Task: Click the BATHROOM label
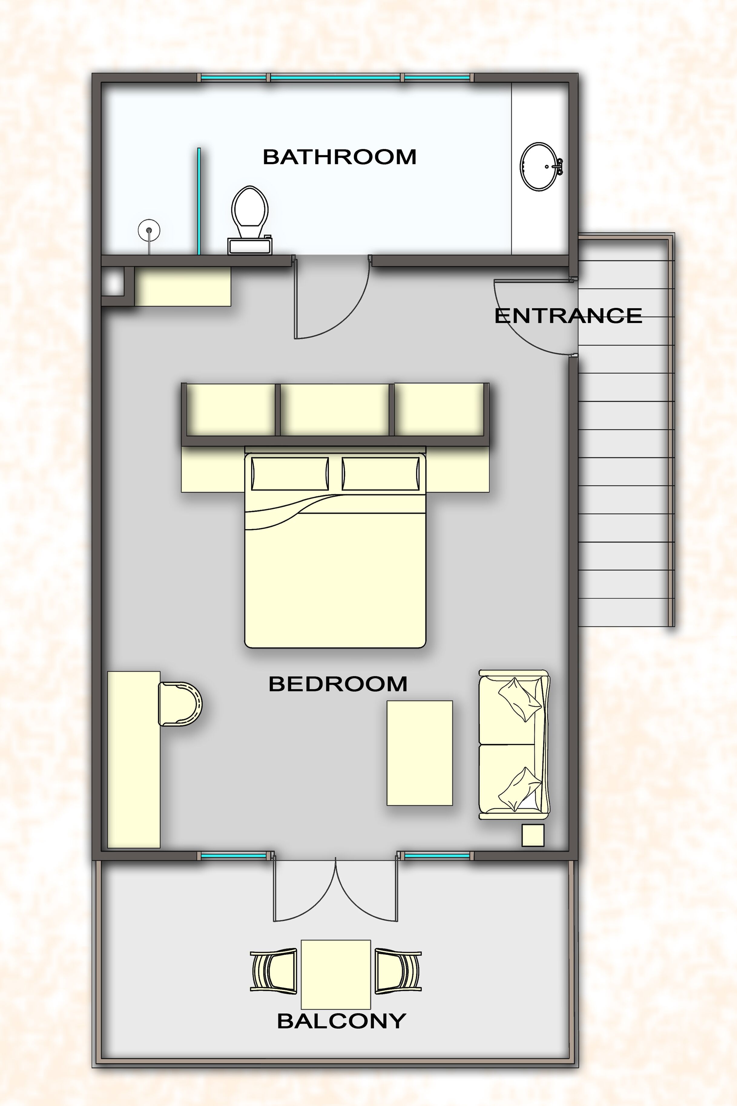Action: click(x=339, y=157)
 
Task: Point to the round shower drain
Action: click(x=149, y=230)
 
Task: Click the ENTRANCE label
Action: click(x=568, y=316)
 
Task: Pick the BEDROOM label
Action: click(x=337, y=684)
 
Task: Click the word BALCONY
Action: click(x=341, y=1021)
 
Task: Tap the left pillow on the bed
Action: click(x=290, y=474)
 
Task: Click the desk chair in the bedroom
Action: click(x=179, y=704)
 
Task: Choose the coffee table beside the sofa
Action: click(x=419, y=753)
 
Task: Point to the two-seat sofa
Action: click(x=514, y=744)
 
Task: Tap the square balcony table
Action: click(x=336, y=974)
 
